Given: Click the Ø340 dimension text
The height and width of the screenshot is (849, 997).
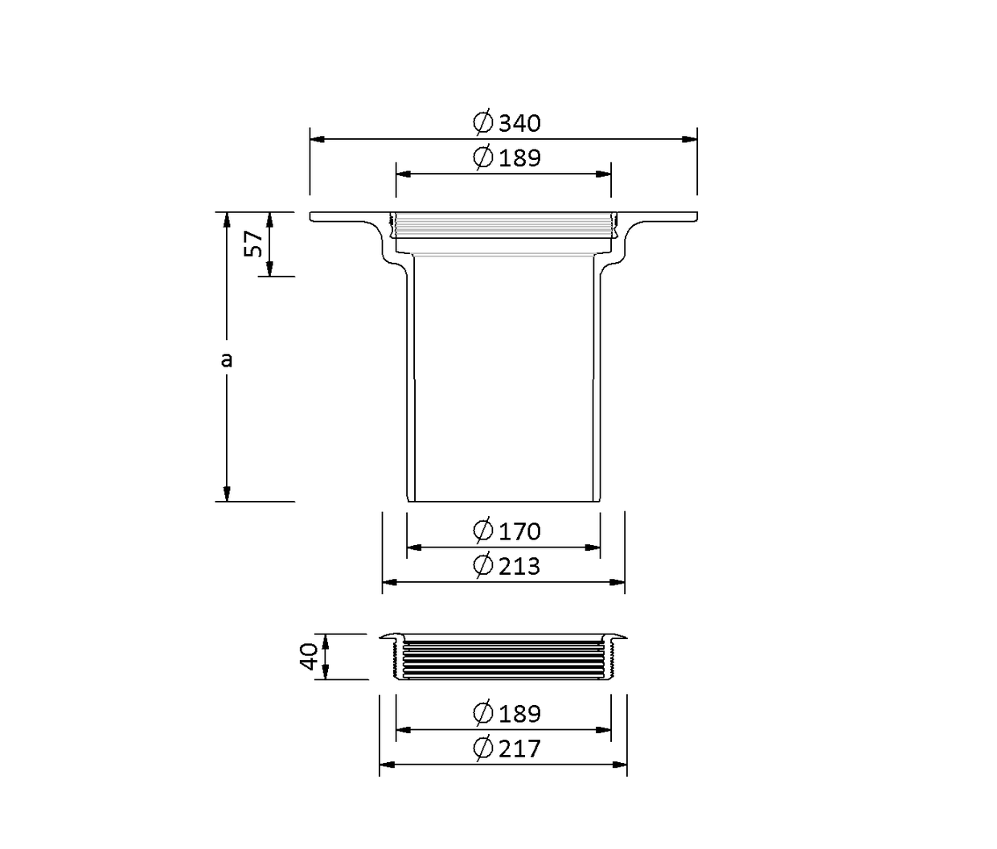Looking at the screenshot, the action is click(507, 122).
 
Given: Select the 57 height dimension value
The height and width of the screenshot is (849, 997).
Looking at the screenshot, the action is click(253, 244).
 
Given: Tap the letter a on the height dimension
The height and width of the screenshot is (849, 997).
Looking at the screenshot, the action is click(226, 359).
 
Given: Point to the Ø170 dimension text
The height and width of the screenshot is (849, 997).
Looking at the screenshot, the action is click(507, 531).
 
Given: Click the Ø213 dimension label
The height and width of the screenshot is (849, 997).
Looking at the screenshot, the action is click(507, 565).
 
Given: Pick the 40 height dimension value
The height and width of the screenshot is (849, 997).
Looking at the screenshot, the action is click(310, 657).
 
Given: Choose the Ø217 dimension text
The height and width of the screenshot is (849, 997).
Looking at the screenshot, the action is click(507, 749).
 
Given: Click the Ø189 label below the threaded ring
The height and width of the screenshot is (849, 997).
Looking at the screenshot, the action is click(507, 713).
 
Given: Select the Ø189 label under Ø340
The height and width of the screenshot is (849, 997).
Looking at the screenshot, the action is click(507, 158).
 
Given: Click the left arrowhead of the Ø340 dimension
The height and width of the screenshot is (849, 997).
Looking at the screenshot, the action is click(318, 139).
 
